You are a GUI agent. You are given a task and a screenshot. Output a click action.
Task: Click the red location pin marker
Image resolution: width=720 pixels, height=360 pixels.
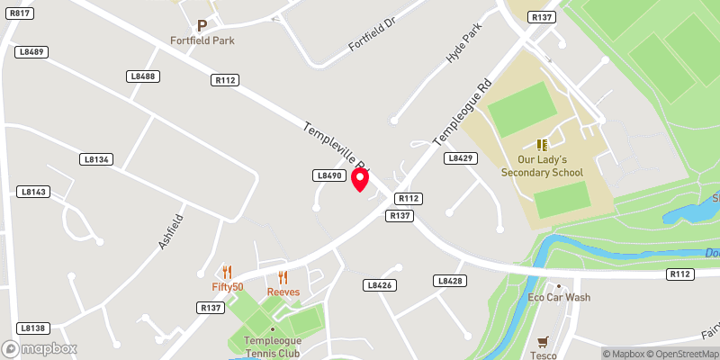pyautogui.click(x=360, y=179)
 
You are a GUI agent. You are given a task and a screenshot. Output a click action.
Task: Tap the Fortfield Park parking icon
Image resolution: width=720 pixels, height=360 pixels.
pyautogui.click(x=202, y=26)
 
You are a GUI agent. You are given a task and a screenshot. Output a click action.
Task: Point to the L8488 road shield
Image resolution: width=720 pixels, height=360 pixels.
pyautogui.click(x=143, y=76)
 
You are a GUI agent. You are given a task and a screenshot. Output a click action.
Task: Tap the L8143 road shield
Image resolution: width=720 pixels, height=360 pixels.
pyautogui.click(x=31, y=192)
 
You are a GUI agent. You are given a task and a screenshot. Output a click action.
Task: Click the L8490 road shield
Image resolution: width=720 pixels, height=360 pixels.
pyautogui.click(x=328, y=175)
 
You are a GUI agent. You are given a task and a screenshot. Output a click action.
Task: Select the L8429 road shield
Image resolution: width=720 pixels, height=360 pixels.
pyautogui.click(x=459, y=158)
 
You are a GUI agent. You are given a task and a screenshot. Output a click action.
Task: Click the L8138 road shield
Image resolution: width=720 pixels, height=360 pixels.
pyautogui.click(x=31, y=328)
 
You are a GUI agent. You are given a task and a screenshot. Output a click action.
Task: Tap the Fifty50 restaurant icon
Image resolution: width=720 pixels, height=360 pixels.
pyautogui.click(x=228, y=272)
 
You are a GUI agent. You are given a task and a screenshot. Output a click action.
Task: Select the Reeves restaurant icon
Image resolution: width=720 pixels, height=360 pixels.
pyautogui.click(x=283, y=277)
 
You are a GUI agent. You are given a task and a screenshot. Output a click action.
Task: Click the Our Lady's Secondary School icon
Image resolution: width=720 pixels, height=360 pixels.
pyautogui.click(x=542, y=145)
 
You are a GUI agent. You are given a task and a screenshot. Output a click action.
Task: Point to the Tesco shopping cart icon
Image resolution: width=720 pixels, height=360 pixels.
pyautogui.click(x=543, y=342)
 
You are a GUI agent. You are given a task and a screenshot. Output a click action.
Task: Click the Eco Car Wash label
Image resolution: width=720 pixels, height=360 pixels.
pyautogui.click(x=558, y=297)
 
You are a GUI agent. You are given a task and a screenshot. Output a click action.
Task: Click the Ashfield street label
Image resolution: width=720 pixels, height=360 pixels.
pyautogui.click(x=170, y=231)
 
